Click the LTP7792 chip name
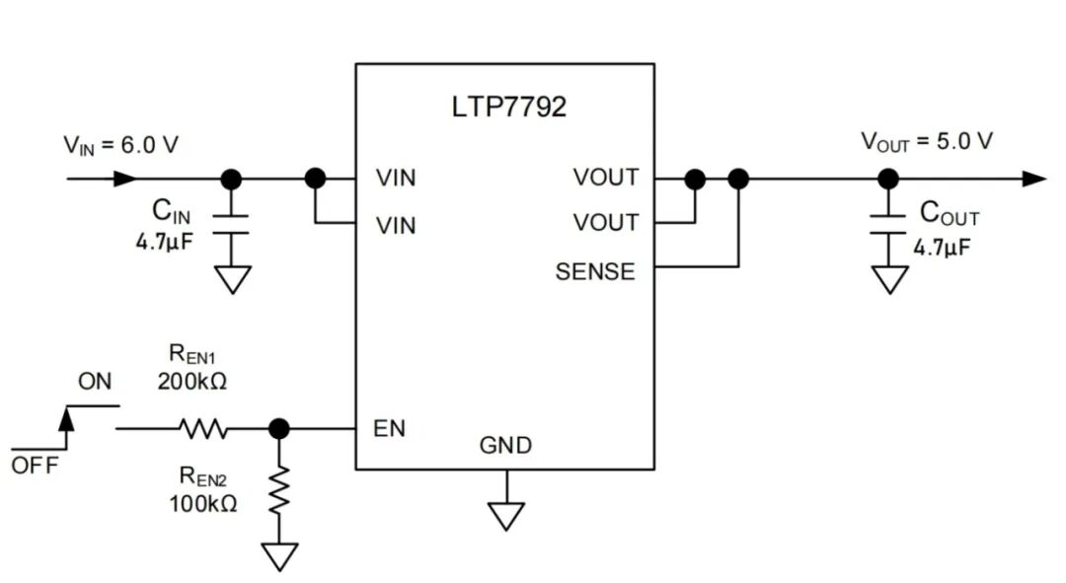[x=508, y=107]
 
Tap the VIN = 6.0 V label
[x=121, y=145]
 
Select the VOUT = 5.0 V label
[x=927, y=141]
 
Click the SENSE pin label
[x=595, y=272]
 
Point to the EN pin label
[x=389, y=428]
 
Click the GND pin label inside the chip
[x=505, y=445]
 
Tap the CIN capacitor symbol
[x=231, y=225]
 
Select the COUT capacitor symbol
[x=888, y=225]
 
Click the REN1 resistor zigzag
[x=203, y=429]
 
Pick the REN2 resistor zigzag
[x=278, y=490]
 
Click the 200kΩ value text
[x=192, y=381]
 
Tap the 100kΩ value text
[x=203, y=503]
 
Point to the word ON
[x=95, y=381]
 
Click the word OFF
[x=36, y=466]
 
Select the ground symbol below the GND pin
[x=505, y=516]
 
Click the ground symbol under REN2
[x=279, y=557]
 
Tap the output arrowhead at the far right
[x=1034, y=180]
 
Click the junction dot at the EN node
[x=278, y=429]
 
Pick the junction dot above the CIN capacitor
[x=231, y=180]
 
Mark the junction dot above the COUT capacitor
[x=888, y=180]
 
